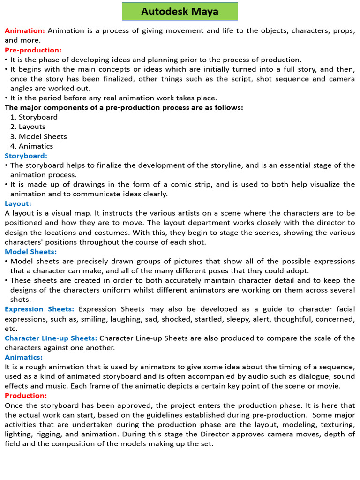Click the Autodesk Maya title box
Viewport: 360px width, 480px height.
180,11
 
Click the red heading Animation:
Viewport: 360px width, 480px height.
25,30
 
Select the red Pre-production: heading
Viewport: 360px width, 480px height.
33,50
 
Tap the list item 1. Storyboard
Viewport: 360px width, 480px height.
34,117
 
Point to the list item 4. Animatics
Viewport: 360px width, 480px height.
31,146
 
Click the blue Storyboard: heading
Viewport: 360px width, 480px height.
26,156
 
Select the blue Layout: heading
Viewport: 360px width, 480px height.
18,203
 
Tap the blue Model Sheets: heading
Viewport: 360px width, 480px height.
30,252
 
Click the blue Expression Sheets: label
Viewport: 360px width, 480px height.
39,309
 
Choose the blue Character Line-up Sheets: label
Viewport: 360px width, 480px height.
51,338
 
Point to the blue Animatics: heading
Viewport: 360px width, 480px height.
24,357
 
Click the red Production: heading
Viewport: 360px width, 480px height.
26,396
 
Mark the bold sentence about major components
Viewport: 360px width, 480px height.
124,107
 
